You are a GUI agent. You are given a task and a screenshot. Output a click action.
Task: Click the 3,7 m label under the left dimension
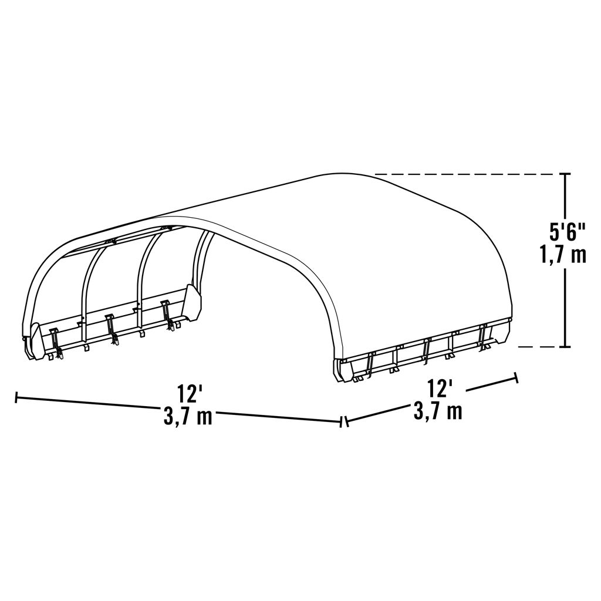point(188,416)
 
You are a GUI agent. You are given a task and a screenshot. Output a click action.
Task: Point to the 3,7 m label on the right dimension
point(438,410)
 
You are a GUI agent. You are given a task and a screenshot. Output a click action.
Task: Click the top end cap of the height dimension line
point(565,174)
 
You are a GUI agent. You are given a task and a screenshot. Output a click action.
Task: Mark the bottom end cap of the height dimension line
point(565,347)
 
